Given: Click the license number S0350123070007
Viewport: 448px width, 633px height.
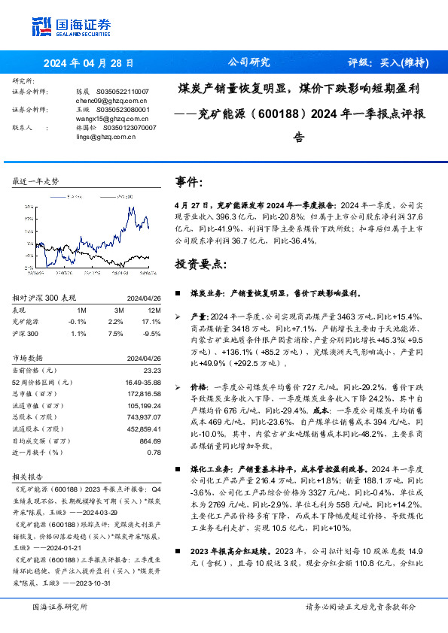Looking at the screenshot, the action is [127, 128].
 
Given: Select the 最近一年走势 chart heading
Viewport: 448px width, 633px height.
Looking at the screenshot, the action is [36, 181].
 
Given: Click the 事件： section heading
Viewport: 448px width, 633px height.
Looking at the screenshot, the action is [189, 182].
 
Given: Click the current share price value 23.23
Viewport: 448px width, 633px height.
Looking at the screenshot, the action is [152, 370].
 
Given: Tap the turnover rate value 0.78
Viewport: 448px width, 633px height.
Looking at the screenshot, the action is [154, 452].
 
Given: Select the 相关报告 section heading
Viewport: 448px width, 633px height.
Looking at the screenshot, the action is [30, 477].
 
